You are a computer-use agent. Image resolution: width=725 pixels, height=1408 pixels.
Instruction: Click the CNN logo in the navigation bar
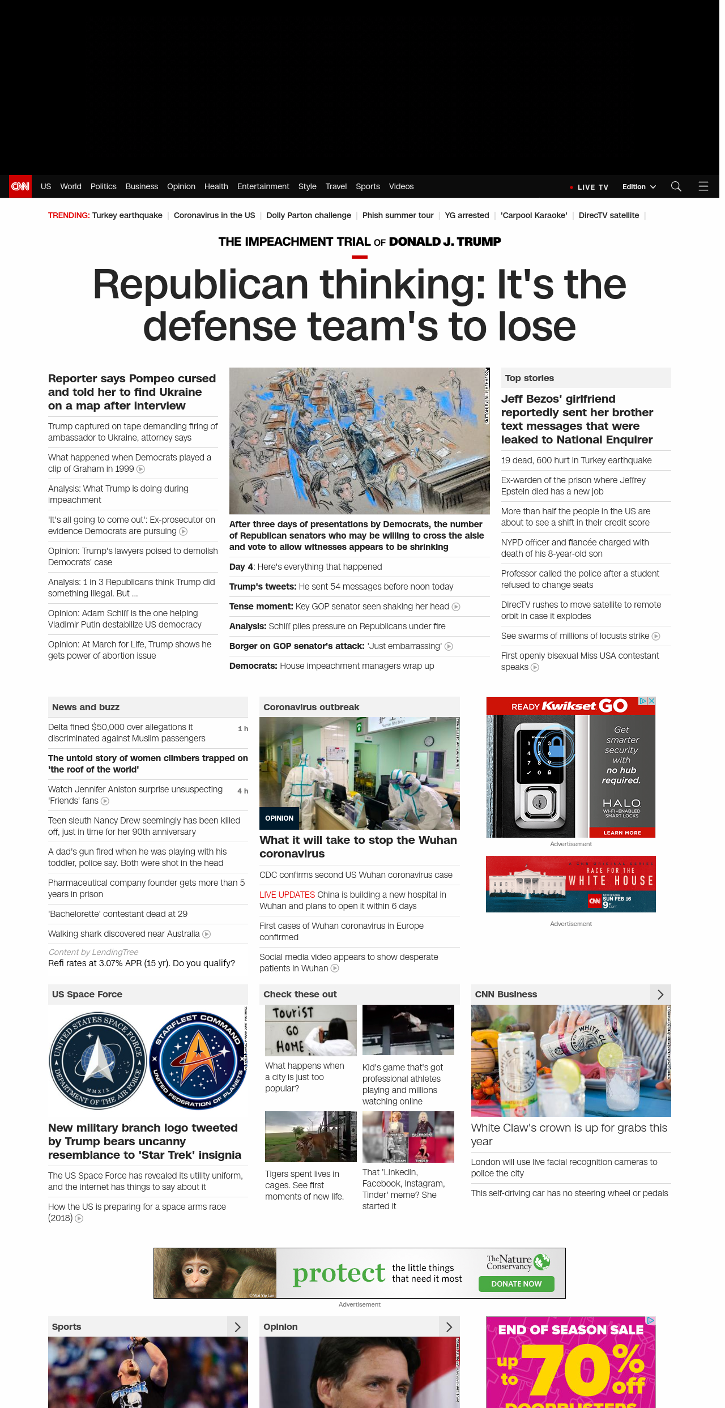click(20, 186)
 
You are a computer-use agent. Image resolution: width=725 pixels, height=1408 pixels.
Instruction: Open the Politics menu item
click(103, 186)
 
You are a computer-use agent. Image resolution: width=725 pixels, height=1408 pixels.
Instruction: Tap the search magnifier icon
click(676, 186)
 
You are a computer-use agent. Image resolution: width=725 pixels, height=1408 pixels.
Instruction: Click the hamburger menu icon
click(703, 186)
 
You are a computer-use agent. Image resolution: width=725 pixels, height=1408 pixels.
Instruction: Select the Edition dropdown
click(638, 187)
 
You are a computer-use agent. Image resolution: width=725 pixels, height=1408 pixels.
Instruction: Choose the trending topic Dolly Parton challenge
click(309, 215)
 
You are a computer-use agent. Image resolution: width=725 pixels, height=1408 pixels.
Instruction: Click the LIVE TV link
click(592, 187)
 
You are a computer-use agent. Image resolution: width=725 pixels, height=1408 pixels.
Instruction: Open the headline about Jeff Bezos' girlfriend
click(577, 419)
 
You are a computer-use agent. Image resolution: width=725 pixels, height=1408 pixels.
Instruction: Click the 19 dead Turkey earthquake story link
click(576, 460)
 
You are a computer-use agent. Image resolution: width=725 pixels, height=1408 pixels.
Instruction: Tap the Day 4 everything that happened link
click(306, 567)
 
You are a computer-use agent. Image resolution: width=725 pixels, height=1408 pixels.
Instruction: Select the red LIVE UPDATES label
click(287, 895)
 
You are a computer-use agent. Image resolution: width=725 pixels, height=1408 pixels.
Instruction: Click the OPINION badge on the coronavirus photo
click(279, 818)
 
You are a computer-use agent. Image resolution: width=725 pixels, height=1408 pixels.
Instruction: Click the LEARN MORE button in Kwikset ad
click(622, 833)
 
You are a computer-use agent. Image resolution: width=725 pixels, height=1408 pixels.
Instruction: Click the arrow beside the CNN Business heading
click(660, 995)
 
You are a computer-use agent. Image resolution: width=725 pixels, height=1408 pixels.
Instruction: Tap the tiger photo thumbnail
click(310, 1137)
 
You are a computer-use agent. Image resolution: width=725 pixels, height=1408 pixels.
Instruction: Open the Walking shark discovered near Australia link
click(123, 934)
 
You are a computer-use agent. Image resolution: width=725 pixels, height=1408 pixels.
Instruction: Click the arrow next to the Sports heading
click(237, 1327)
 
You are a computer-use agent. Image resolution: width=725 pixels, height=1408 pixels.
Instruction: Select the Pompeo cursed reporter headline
click(132, 392)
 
